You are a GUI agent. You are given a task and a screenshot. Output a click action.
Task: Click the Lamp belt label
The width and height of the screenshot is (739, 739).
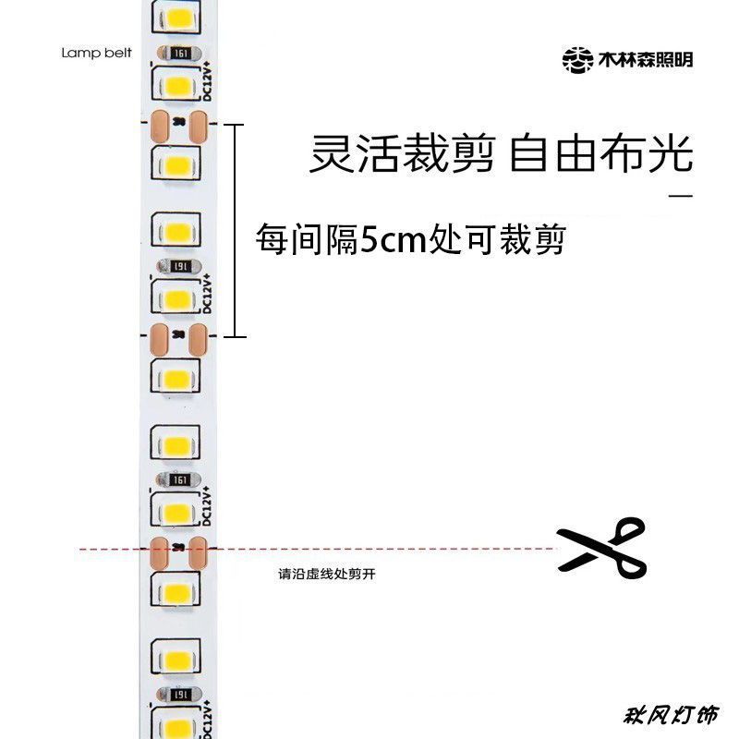pos(97,53)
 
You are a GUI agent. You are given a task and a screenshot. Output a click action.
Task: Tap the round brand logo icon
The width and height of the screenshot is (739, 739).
pos(578,60)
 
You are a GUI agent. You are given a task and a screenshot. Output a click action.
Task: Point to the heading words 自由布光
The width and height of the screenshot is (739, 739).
pos(601,154)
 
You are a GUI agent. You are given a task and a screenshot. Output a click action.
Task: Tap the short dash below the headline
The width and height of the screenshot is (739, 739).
pos(680,196)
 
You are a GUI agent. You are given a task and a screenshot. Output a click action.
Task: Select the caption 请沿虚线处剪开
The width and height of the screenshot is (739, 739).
pos(327,574)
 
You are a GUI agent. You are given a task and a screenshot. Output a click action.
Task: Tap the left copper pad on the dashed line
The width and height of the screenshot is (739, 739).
pos(160,552)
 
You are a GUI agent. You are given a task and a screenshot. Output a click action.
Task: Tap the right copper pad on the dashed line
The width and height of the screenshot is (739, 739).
pos(199,552)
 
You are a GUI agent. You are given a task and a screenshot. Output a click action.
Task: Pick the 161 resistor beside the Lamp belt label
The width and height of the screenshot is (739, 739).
pos(179,53)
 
